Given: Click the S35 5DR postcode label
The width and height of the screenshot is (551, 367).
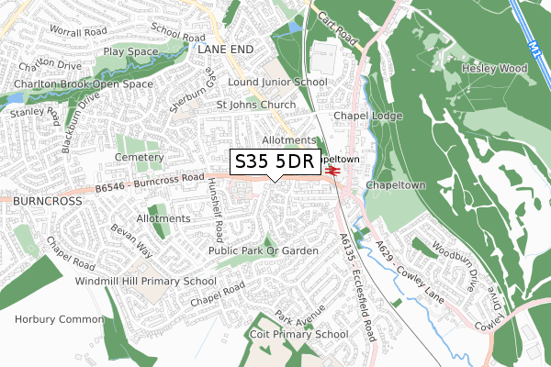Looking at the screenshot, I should click(274, 161).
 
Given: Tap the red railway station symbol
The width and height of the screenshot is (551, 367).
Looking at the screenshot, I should click(332, 169).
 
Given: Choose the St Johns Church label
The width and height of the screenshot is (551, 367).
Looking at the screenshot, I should click(256, 105).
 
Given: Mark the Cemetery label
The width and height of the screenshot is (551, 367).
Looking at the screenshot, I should click(139, 158).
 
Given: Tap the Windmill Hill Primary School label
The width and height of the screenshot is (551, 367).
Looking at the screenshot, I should click(146, 281).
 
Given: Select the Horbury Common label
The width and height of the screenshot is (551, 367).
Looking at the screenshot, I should click(51, 319).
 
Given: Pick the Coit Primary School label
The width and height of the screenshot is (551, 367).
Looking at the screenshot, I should click(298, 335).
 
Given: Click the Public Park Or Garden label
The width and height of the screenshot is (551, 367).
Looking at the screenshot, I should click(264, 250).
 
